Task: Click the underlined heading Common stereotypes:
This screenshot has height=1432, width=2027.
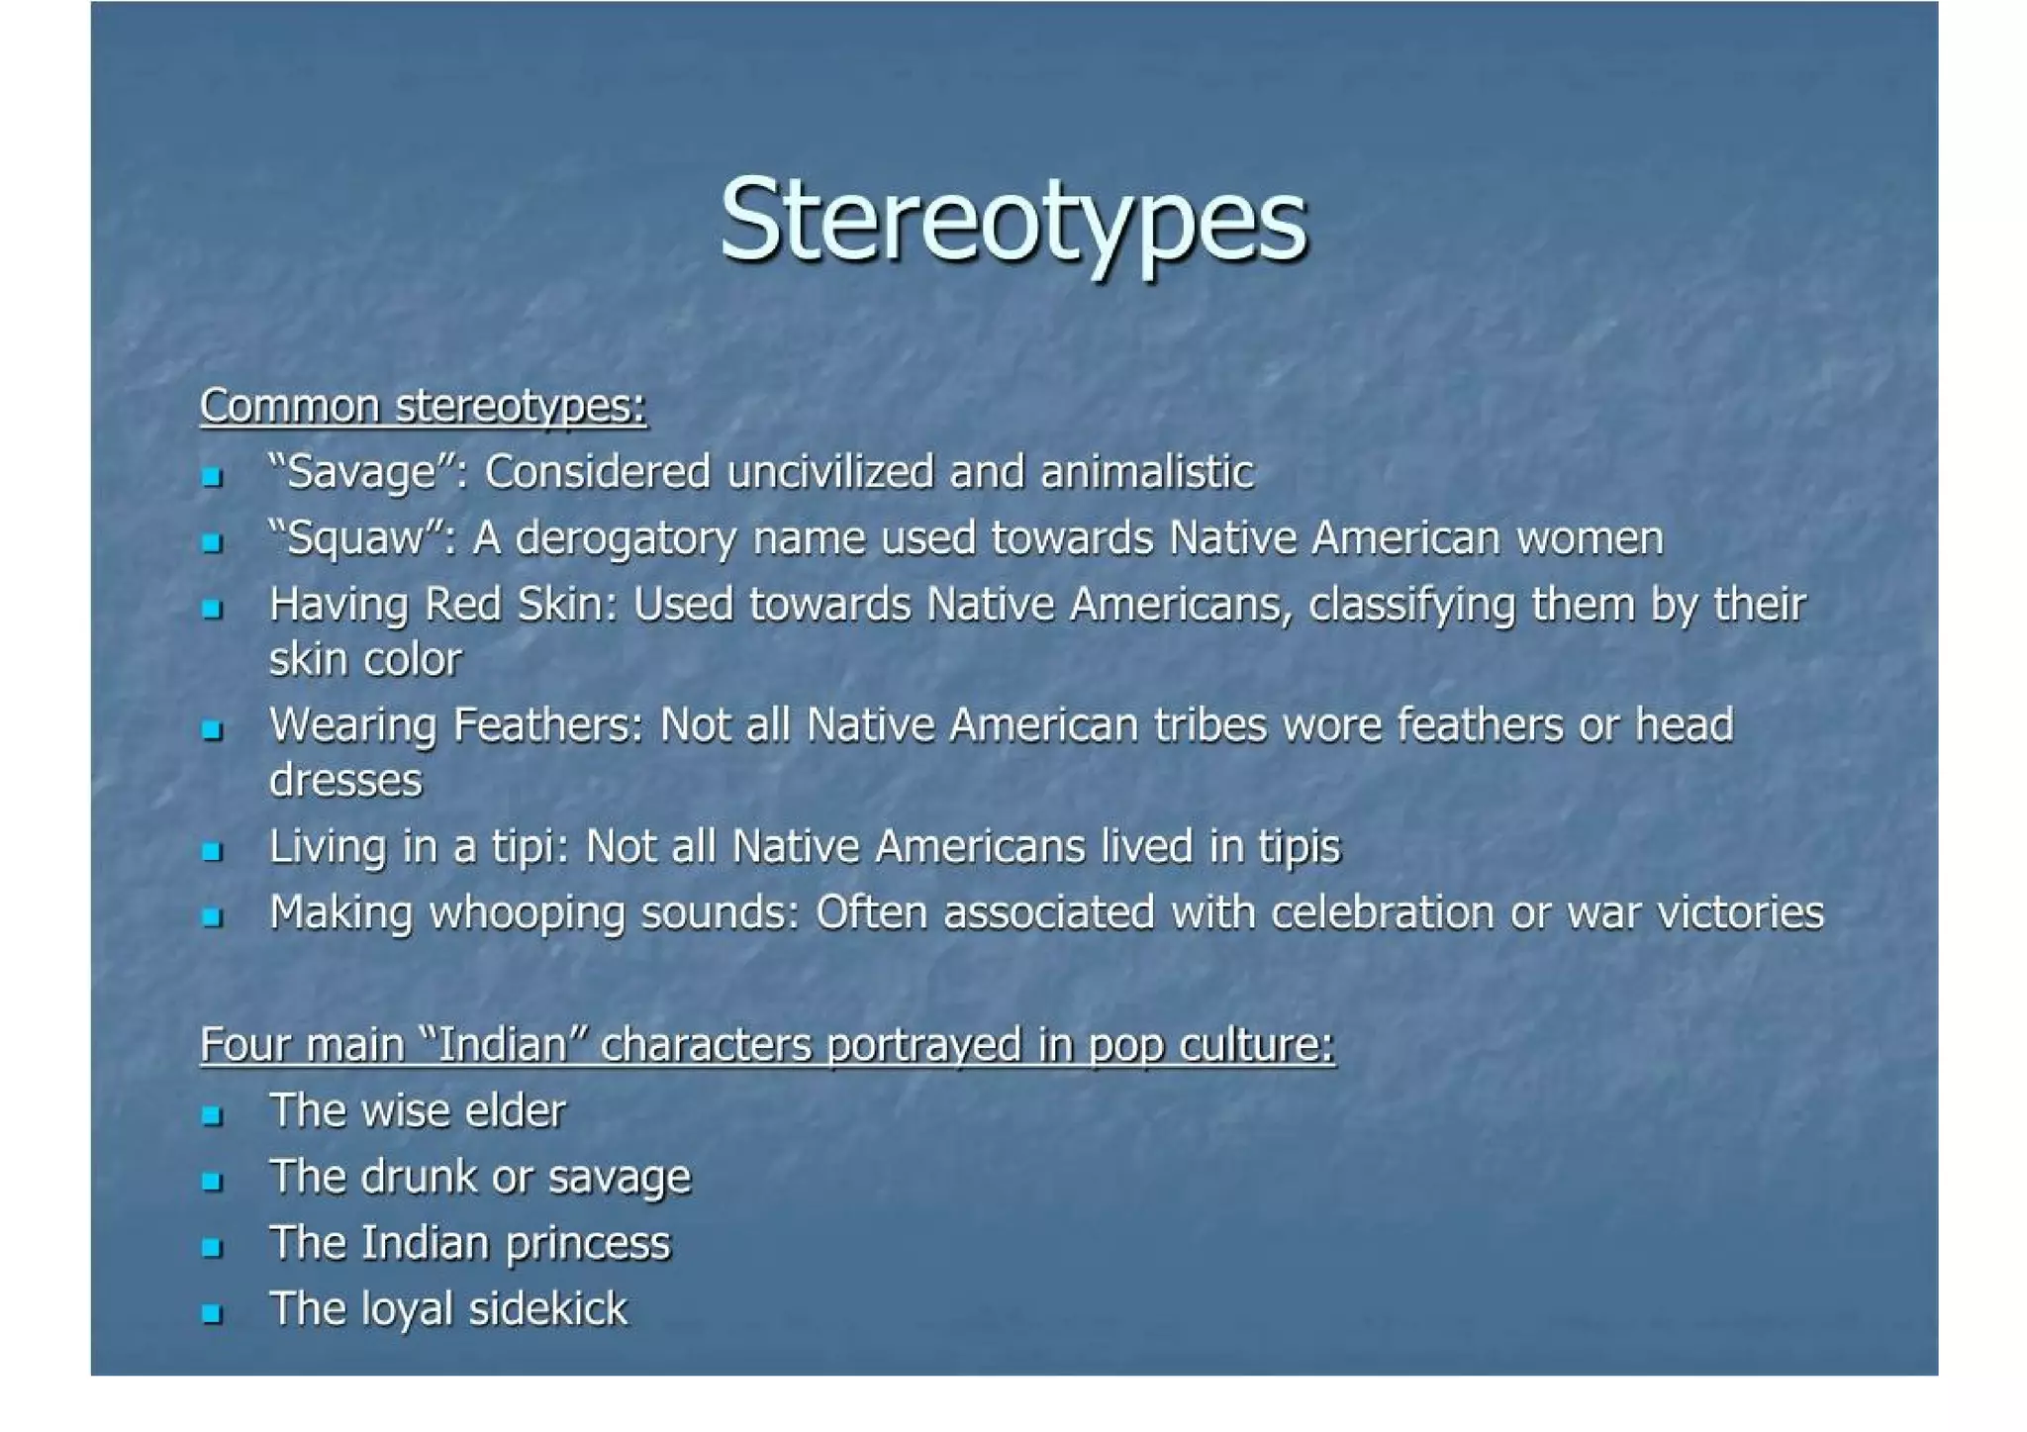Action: click(424, 406)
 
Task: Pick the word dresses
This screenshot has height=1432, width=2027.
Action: click(345, 781)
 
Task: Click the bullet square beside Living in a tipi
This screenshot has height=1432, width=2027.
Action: click(211, 851)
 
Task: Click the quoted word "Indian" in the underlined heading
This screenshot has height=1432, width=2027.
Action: click(504, 1045)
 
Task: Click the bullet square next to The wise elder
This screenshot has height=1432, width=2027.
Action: click(211, 1115)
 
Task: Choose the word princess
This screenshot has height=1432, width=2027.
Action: click(588, 1244)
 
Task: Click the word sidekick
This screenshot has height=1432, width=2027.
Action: click(547, 1308)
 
